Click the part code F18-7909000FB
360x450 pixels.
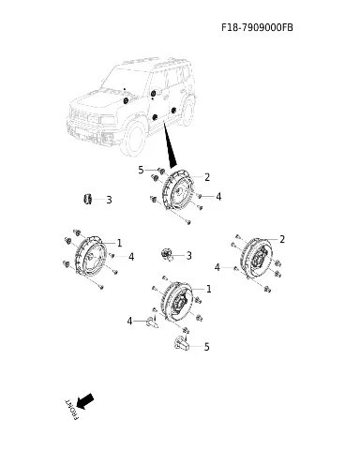(x=257, y=27)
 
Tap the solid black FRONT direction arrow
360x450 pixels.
(x=84, y=401)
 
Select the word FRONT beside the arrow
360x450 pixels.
(x=71, y=410)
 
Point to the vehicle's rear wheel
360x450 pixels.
(x=187, y=111)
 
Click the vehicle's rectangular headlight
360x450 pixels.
(x=106, y=120)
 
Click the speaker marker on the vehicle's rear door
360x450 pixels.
(x=174, y=110)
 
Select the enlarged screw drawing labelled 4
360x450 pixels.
(x=152, y=322)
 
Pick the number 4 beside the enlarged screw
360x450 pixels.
(x=129, y=321)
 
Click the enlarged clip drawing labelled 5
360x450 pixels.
(x=182, y=342)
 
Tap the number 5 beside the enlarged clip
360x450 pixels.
(x=206, y=347)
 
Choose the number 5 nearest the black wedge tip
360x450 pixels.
(x=141, y=171)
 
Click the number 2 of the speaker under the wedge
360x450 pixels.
(x=207, y=177)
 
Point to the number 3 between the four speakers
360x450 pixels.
(x=188, y=256)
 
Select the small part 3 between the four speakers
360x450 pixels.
(x=166, y=254)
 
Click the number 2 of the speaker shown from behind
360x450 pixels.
(x=282, y=239)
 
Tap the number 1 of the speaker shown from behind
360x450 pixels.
(x=209, y=289)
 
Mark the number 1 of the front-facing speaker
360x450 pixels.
(x=119, y=243)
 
